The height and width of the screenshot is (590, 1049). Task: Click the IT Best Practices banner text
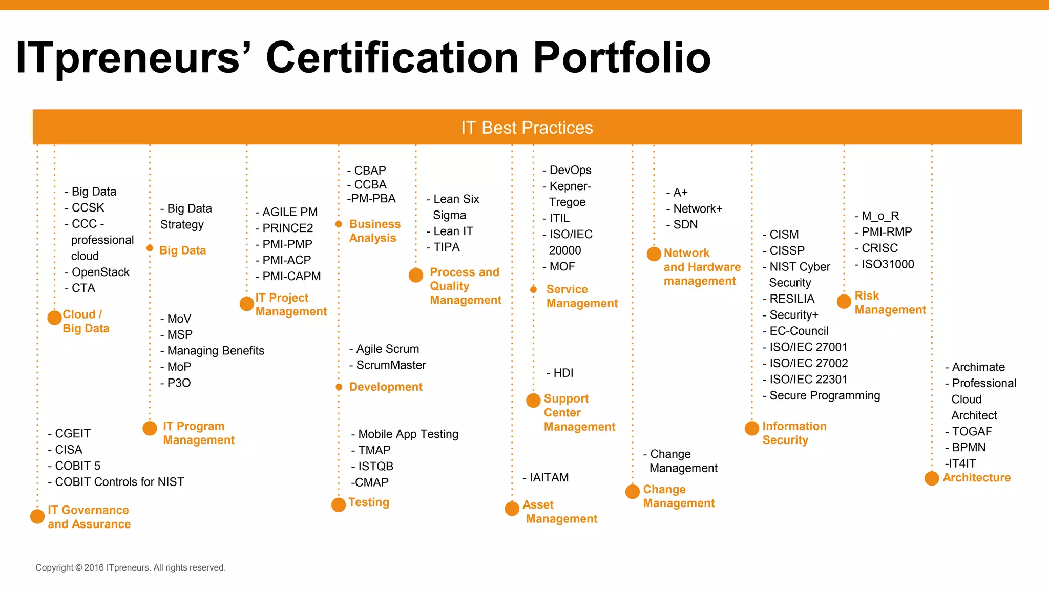(527, 128)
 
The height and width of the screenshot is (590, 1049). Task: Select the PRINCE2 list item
(287, 228)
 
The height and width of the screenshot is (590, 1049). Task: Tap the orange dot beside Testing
(339, 504)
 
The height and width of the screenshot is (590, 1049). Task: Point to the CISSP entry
(787, 250)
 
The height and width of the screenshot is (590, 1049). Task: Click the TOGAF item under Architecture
(972, 431)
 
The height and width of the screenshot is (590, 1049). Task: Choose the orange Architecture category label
(976, 477)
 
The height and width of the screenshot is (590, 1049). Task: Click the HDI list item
(563, 373)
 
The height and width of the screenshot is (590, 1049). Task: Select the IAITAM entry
(549, 477)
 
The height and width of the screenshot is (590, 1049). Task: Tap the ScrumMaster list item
(391, 365)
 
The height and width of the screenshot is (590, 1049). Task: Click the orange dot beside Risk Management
(844, 301)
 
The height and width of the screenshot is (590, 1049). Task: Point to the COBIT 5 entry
(77, 466)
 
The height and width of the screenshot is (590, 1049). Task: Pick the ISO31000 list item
(887, 264)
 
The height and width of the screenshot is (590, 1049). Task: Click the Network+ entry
(697, 208)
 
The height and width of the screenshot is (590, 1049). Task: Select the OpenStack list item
(100, 272)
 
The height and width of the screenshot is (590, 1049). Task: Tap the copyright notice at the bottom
(131, 567)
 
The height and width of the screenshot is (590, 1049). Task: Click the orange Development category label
(386, 387)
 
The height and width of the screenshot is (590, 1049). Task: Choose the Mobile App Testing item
(408, 434)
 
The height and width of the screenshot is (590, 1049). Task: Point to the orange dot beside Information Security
(752, 428)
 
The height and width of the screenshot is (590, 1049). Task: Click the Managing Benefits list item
(215, 351)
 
